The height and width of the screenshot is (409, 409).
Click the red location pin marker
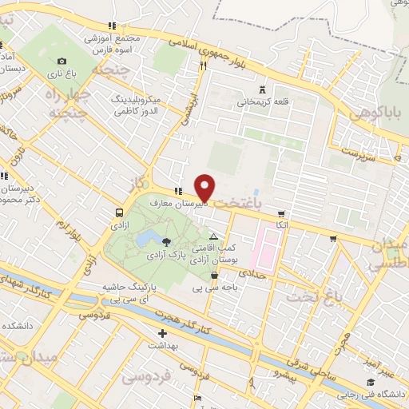click(205, 187)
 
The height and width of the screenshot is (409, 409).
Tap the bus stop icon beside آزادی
click(119, 213)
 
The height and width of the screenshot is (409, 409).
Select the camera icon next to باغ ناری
click(62, 62)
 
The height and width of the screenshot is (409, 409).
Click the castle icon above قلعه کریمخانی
click(264, 89)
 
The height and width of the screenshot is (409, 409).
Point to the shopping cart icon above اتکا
click(281, 213)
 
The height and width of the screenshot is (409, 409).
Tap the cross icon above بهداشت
click(162, 333)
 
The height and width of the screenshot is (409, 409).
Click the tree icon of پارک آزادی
click(166, 240)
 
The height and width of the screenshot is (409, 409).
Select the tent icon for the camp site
click(212, 237)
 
